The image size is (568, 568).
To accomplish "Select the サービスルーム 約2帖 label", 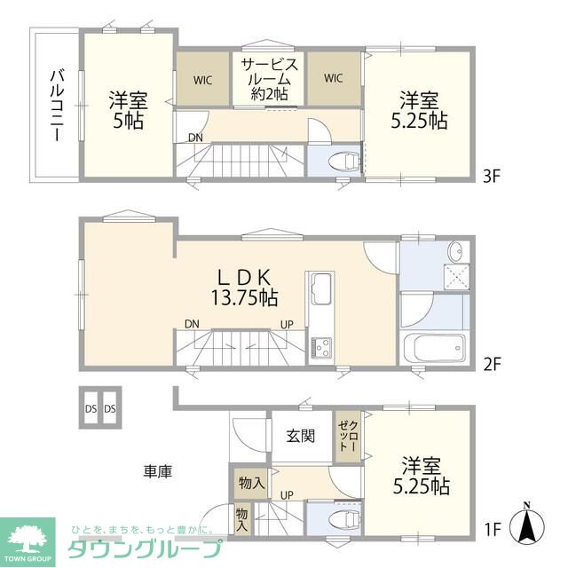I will pos(269,78).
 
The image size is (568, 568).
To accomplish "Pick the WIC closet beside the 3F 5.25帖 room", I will pos(334,79).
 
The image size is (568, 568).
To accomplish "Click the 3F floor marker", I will pos(493,176).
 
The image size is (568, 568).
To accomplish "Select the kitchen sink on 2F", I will pos(319,289).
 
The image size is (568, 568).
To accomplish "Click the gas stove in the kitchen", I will pos(319,344).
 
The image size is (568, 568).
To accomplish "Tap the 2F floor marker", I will pos(493,365).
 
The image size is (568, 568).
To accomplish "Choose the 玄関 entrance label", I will pos(300,435).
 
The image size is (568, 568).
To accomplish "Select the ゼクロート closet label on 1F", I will pos(345,438).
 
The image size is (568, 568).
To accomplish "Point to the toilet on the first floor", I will pos(341,518).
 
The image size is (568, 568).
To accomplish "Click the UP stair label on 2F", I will pos(287,324).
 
